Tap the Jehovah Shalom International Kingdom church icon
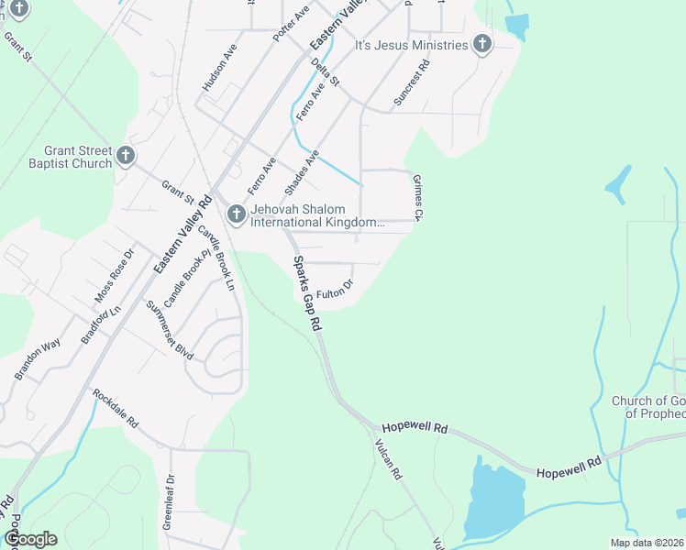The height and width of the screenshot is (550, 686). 236,214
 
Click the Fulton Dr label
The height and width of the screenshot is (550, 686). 335,293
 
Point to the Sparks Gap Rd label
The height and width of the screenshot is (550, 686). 306,293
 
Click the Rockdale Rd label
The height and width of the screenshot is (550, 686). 115,409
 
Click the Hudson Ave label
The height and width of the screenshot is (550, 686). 220,67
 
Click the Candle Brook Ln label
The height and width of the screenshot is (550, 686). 217,258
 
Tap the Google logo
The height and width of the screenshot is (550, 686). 30,539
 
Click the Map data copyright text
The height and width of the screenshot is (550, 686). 646,543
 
